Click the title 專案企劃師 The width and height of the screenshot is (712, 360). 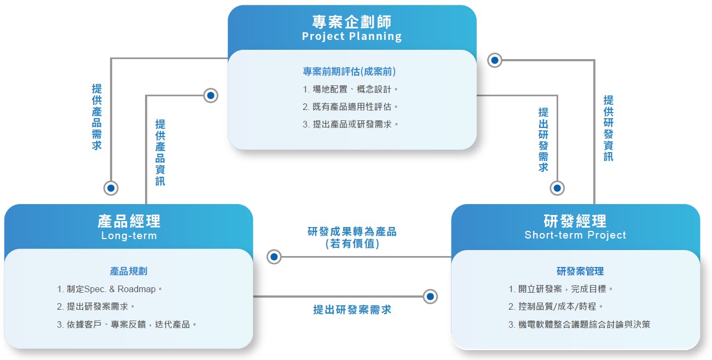(x=351, y=22)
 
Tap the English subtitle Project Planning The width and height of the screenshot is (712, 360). (x=351, y=37)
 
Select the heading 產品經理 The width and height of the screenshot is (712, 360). (x=129, y=221)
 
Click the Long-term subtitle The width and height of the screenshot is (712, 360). (x=129, y=236)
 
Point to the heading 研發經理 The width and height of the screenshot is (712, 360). (x=575, y=221)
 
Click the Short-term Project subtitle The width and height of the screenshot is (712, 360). (x=575, y=235)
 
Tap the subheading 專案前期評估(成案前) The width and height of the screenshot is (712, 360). (x=349, y=72)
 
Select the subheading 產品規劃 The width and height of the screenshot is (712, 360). (x=129, y=271)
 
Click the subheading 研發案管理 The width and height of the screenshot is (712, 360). (x=580, y=271)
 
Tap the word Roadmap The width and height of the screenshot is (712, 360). (x=137, y=289)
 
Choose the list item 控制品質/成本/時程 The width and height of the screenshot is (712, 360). (x=557, y=306)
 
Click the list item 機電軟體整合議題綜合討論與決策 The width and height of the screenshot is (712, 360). (x=584, y=324)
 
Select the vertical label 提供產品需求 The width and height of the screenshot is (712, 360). (x=97, y=117)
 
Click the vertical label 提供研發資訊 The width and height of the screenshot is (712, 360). (x=609, y=129)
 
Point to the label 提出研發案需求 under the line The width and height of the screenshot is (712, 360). (x=352, y=310)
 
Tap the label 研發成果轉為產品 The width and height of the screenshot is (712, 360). (x=352, y=231)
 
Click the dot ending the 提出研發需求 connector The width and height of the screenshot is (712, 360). (x=557, y=188)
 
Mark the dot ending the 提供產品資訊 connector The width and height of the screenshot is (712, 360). (x=210, y=95)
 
